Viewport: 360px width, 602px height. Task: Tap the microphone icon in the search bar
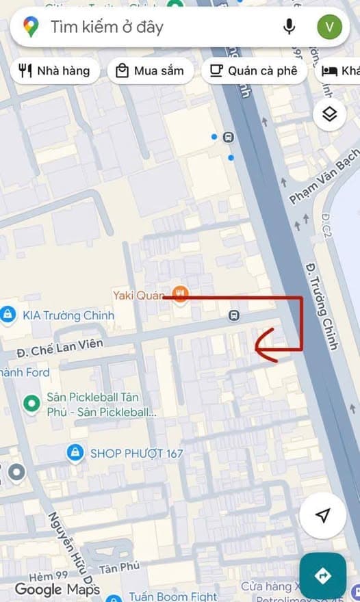tap(290, 27)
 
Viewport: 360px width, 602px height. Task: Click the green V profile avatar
tap(330, 27)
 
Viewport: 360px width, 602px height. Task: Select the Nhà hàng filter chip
tap(55, 70)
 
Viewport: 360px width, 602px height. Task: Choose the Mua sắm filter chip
tap(151, 70)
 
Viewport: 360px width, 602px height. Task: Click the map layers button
tap(330, 114)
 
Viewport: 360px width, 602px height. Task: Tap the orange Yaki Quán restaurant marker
tap(181, 295)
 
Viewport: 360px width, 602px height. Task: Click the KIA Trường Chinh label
tap(68, 315)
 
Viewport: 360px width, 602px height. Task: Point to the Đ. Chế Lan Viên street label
tap(60, 347)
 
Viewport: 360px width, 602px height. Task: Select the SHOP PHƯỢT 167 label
tap(136, 453)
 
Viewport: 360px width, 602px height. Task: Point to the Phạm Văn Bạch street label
tap(323, 179)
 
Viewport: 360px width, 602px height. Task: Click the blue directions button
tap(322, 576)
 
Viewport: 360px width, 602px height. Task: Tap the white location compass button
tap(323, 514)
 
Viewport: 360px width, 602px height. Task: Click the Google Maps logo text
tap(57, 589)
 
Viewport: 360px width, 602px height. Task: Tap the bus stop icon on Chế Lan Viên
tap(234, 316)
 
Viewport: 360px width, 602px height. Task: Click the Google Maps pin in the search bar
tap(31, 27)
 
